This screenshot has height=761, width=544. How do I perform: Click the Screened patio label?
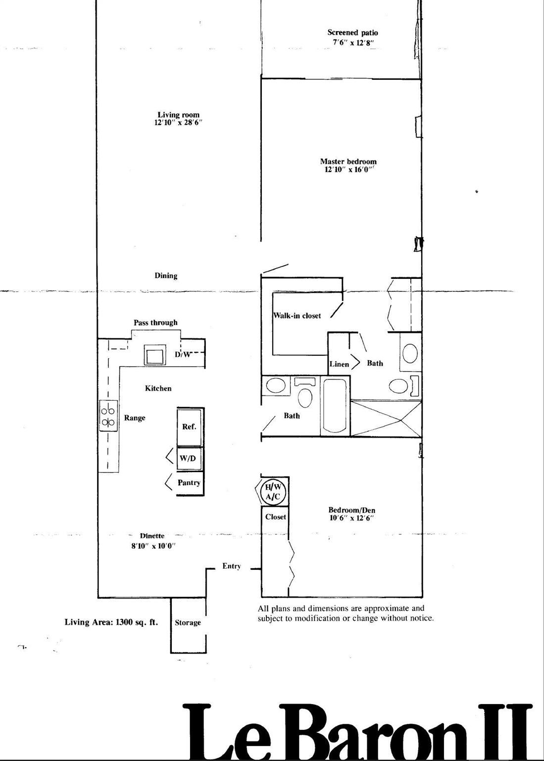[x=352, y=33]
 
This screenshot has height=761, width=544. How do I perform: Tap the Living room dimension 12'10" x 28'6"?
[x=178, y=123]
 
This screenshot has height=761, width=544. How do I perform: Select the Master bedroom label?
[x=348, y=162]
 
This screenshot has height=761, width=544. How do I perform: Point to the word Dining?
[x=166, y=275]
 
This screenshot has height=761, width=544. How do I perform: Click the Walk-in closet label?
[x=297, y=316]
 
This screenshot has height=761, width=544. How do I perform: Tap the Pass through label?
[x=155, y=323]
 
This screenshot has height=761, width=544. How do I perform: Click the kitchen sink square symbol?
[x=155, y=355]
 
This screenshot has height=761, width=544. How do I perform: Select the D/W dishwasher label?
[x=183, y=355]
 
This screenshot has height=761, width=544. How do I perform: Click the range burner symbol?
[x=108, y=416]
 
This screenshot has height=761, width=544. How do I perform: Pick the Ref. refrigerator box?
[x=191, y=427]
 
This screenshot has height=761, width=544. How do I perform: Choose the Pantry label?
[x=189, y=483]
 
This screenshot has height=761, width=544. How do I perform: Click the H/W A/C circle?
[x=273, y=492]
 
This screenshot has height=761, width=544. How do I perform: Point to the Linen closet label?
[x=340, y=364]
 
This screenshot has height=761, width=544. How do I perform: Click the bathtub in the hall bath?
[x=335, y=406]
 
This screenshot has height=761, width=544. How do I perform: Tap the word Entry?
[x=232, y=566]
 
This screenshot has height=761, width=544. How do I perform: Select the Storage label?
[x=188, y=622]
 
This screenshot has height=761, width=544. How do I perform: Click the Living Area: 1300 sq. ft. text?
[x=111, y=622]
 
